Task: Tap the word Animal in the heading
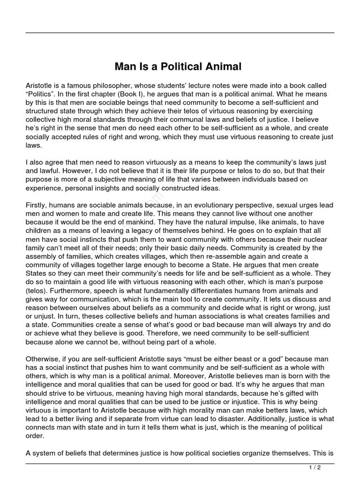pos(222,67)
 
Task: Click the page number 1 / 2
pos(315,467)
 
